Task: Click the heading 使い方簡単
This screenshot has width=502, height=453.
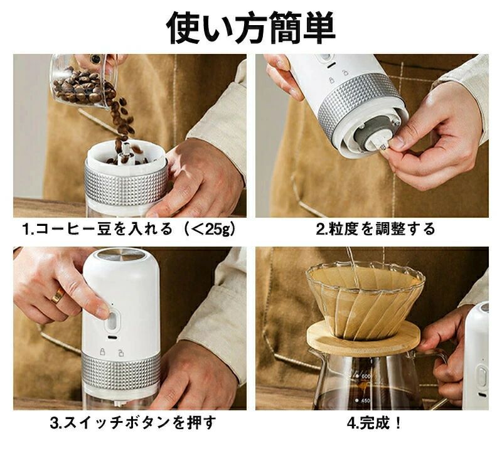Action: pyautogui.click(x=251, y=28)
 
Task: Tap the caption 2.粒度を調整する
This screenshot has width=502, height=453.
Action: pyautogui.click(x=375, y=229)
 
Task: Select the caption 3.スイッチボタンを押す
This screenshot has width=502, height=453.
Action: pyautogui.click(x=133, y=423)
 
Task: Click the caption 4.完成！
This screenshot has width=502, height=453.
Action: pyautogui.click(x=374, y=423)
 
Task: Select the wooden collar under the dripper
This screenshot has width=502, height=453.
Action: pyautogui.click(x=363, y=338)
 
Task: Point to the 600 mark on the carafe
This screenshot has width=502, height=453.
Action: pyautogui.click(x=365, y=376)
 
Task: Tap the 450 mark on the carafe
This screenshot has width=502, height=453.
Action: pyautogui.click(x=365, y=401)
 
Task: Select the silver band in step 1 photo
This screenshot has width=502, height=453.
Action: pyautogui.click(x=126, y=184)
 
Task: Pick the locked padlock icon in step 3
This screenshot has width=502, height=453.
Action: pyautogui.click(x=102, y=351)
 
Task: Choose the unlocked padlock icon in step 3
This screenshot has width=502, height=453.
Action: pyautogui.click(x=120, y=352)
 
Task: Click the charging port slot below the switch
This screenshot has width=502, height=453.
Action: pyautogui.click(x=112, y=338)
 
